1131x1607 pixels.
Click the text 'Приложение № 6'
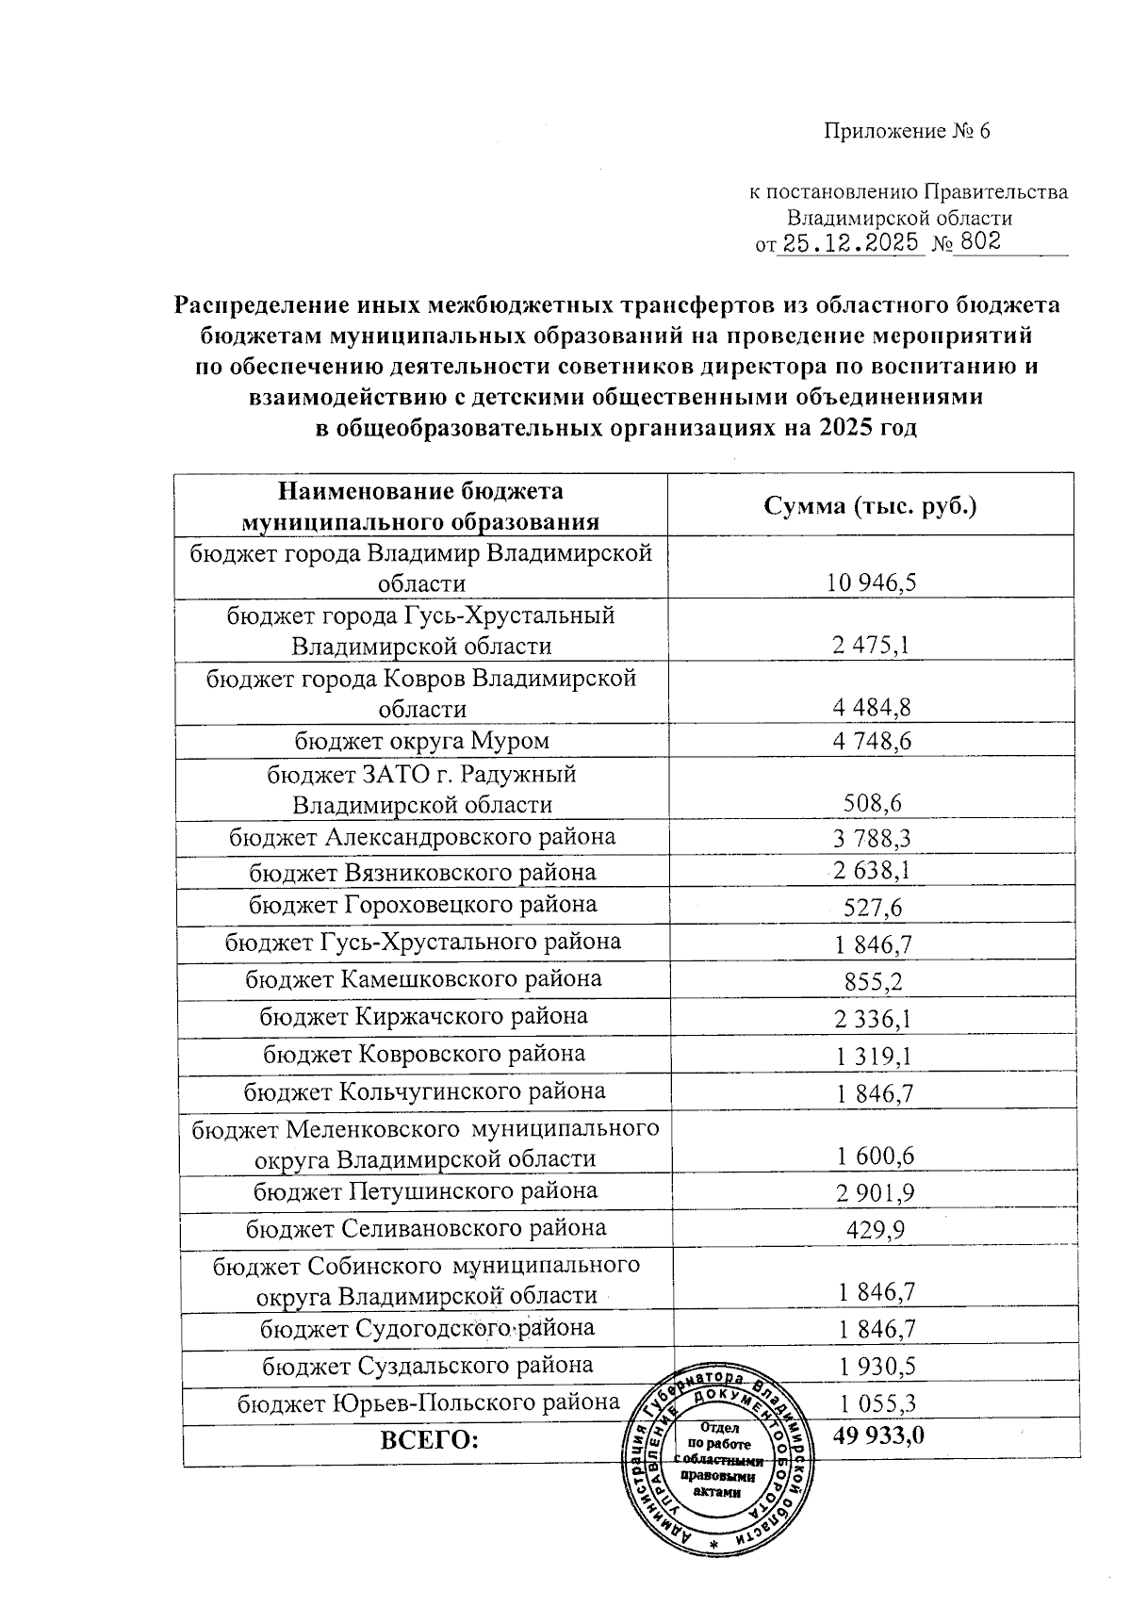pos(907,131)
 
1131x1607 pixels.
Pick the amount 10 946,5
pos(871,582)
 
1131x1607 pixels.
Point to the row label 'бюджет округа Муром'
pos(421,741)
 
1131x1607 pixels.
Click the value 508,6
pos(871,804)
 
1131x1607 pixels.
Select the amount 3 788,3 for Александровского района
pos(871,838)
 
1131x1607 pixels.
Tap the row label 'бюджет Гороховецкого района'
pos(422,905)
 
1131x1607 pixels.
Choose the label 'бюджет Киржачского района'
pos(423,1016)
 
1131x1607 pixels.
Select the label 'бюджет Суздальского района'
pos(427,1365)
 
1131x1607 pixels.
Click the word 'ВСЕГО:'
pos(429,1440)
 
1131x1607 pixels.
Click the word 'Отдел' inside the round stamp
pos(720,1428)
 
